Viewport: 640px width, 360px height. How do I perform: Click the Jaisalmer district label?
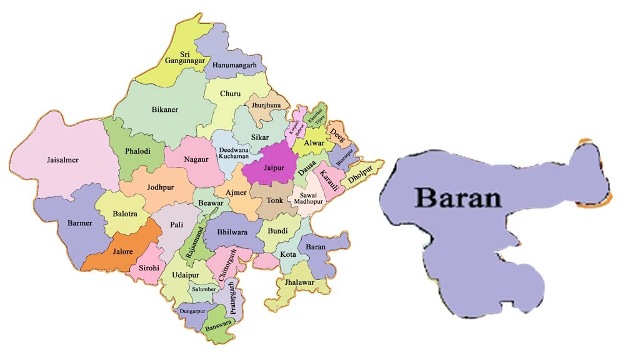point(62,160)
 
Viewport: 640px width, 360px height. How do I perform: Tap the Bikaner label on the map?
point(165,110)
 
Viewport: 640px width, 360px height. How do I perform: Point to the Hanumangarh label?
point(235,65)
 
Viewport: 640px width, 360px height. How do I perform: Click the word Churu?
point(230,94)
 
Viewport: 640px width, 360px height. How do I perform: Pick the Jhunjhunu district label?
point(266,106)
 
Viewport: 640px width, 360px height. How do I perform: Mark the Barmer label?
point(80,223)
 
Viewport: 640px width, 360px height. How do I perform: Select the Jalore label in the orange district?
point(122,252)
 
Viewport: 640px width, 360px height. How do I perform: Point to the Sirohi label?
point(150,268)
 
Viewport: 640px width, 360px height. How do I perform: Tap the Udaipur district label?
point(186,276)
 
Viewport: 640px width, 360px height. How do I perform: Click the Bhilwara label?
point(232,232)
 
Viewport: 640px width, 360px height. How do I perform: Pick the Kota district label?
point(288,255)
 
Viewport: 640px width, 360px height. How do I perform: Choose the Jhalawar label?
point(299,282)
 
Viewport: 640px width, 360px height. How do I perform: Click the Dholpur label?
point(361,173)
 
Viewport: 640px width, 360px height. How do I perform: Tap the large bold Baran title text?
point(458,197)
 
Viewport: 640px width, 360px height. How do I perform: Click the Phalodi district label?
point(137,151)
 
